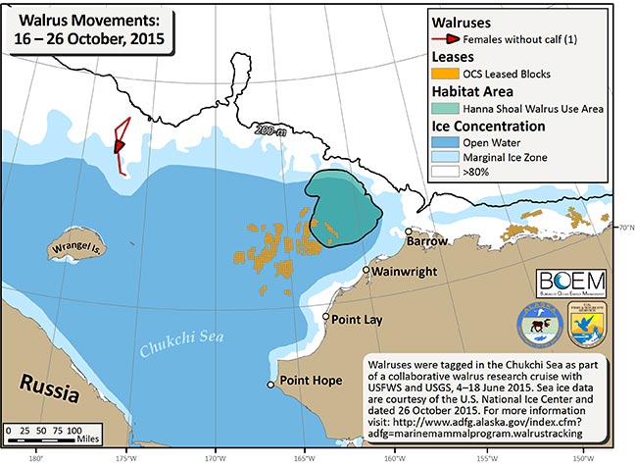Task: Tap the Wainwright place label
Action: tap(405, 272)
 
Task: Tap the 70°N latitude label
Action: tap(623, 228)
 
